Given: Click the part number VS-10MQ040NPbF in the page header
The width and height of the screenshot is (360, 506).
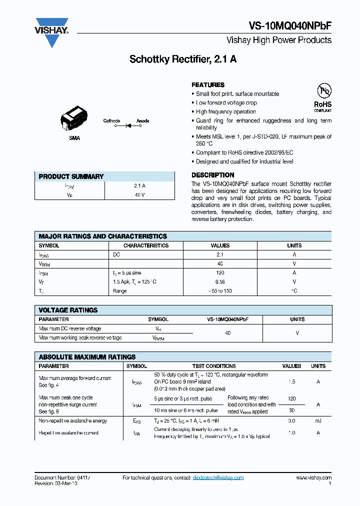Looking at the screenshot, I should click(x=290, y=27).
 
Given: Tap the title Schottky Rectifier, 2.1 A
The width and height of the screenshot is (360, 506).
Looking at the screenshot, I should click(x=183, y=59).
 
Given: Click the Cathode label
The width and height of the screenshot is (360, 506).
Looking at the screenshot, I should click(x=111, y=121).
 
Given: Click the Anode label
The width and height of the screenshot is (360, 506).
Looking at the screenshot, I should click(x=143, y=121).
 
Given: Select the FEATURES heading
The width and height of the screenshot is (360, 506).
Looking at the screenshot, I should click(x=208, y=85).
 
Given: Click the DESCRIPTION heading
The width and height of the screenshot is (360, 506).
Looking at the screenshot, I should click(x=213, y=175).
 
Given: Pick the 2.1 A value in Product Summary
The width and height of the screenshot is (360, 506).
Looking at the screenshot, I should click(x=139, y=185).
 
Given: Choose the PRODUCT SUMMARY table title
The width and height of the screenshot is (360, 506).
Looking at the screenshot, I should click(x=71, y=176).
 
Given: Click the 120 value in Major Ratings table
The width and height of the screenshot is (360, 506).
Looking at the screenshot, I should click(x=220, y=273).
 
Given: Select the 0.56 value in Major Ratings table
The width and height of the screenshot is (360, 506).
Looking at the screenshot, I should click(x=220, y=282).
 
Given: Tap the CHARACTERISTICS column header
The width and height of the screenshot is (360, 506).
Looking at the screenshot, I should click(x=146, y=245).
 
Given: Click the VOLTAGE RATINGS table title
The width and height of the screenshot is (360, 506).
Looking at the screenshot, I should click(x=68, y=310).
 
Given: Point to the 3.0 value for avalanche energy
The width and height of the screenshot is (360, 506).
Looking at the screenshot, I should click(x=291, y=421).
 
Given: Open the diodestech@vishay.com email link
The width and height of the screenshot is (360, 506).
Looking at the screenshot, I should click(x=218, y=477).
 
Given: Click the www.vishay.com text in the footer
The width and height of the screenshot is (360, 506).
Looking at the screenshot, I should click(x=313, y=477).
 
